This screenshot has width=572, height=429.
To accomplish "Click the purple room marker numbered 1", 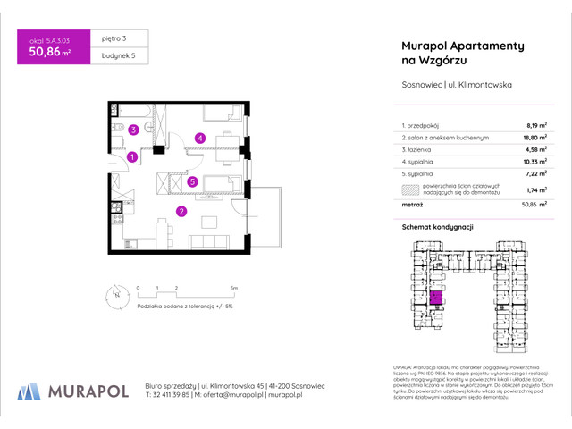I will (x=131, y=157).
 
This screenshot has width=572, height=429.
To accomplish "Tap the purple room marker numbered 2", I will (x=181, y=212).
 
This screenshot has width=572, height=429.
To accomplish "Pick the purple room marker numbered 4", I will (x=201, y=138).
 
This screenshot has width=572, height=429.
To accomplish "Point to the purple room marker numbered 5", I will (x=192, y=181).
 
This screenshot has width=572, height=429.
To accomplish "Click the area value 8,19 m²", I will (x=534, y=126).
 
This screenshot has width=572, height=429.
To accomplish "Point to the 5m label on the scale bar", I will (x=233, y=288).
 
